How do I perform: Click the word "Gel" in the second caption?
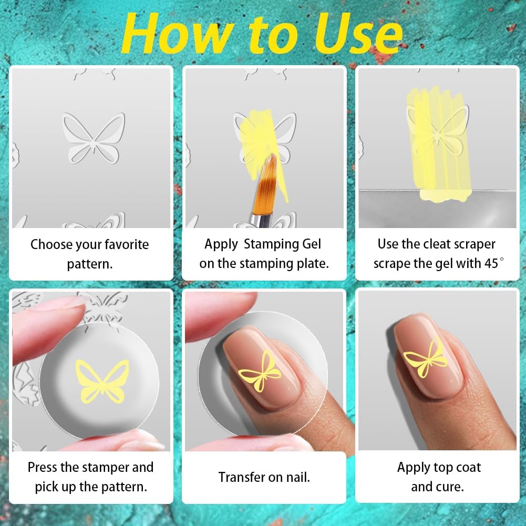[x=310, y=244]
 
